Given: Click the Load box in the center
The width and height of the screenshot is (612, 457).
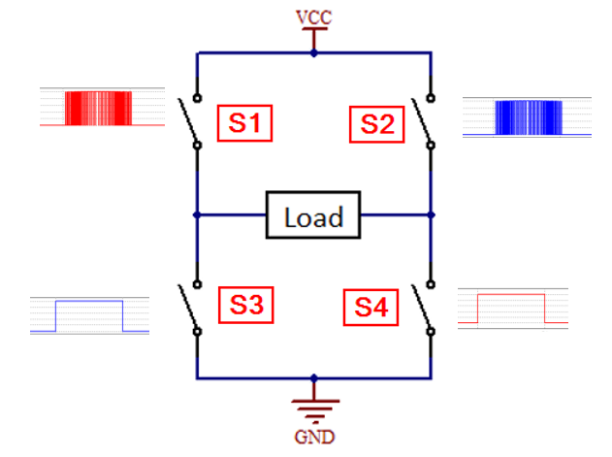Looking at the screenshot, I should [313, 215].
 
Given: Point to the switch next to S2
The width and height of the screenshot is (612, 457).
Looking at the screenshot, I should [424, 121].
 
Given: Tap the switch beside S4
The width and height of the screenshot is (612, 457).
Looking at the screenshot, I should [423, 309].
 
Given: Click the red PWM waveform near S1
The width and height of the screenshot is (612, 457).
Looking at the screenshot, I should [96, 108].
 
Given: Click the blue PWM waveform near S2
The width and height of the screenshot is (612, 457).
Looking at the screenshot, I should [528, 117].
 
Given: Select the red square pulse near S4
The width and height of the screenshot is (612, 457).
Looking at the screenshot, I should [510, 307].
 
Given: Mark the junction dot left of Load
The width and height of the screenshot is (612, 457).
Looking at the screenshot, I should [197, 214].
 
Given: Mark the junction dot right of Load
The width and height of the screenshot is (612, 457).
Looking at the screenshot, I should [431, 214].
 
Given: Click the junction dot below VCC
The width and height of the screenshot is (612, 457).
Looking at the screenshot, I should [313, 53].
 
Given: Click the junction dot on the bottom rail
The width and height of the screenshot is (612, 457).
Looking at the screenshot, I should [313, 377].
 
